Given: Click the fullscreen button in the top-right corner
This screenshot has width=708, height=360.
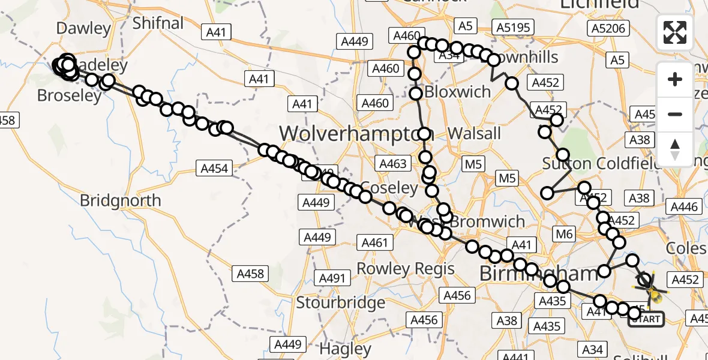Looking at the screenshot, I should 675,32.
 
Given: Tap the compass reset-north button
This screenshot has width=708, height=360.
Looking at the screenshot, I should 675,149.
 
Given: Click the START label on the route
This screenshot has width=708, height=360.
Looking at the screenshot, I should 646,319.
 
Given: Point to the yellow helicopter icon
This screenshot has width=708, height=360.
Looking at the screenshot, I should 654,293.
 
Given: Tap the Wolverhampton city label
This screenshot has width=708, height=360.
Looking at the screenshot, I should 348,133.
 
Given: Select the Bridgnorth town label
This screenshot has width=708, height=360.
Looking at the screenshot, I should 121,200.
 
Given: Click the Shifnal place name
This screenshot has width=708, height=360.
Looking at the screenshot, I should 158,23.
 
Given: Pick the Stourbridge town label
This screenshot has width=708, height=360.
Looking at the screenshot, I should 340,302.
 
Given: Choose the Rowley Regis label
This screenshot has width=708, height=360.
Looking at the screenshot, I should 406,268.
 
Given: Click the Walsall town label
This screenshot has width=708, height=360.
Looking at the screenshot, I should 474,133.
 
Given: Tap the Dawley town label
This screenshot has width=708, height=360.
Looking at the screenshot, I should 83,28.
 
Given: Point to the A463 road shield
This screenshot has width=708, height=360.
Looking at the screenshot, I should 393,163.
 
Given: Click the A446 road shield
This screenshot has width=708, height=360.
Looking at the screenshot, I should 684,207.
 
